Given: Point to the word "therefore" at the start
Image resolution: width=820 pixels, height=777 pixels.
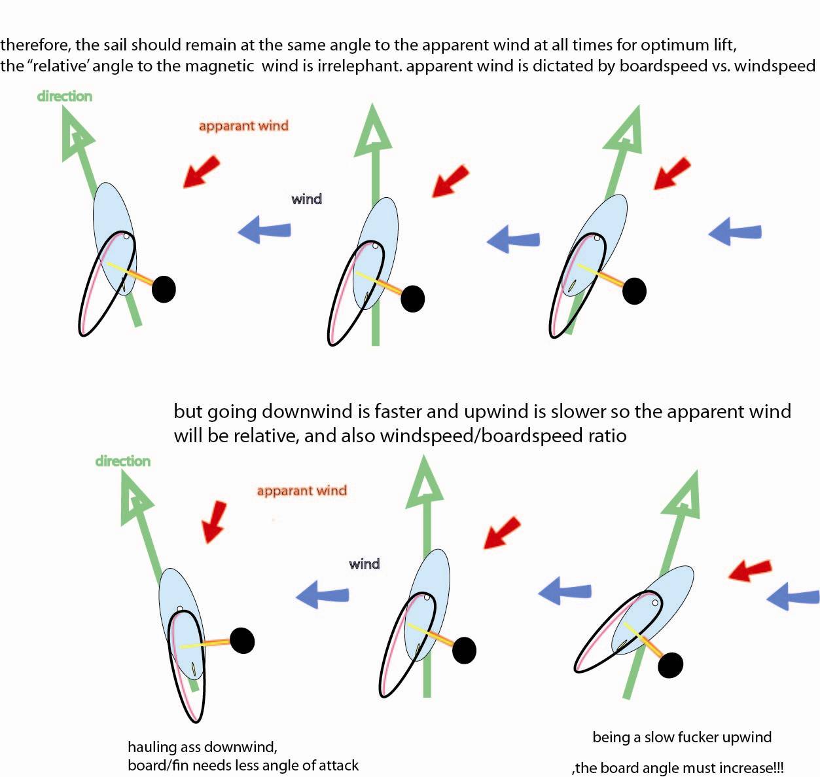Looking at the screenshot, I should tap(34, 45).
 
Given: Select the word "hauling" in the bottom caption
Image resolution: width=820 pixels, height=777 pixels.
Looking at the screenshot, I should tap(152, 747).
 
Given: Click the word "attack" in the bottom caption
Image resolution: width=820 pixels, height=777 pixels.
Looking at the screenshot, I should tap(337, 765).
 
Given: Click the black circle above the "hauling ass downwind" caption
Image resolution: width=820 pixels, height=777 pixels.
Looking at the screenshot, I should tap(242, 641).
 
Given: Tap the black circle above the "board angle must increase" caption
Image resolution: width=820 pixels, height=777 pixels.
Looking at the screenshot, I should tap(670, 665).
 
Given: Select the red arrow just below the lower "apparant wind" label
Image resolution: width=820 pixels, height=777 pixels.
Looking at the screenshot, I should tap(213, 521).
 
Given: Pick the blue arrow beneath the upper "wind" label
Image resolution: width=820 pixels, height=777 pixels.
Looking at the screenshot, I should tap(264, 230).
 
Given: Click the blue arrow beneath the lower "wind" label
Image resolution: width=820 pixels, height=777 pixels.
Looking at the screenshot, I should tap(323, 595).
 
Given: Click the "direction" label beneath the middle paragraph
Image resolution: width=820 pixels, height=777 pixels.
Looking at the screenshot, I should tap(122, 461).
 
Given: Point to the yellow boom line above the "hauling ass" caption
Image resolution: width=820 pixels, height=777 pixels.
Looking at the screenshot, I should tap(204, 645).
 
